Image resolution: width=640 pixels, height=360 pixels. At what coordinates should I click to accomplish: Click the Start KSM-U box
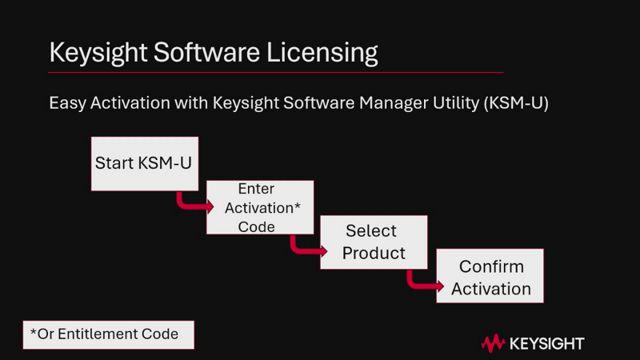point(143,163)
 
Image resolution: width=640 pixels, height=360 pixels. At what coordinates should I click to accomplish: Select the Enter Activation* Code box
point(259,207)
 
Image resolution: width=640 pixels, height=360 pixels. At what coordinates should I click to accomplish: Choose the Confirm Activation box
point(490,276)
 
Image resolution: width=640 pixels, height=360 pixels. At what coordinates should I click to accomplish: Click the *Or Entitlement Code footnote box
point(107,334)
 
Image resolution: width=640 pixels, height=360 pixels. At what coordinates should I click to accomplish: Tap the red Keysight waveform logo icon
point(493,344)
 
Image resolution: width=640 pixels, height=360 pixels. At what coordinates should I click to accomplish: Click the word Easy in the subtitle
point(66,104)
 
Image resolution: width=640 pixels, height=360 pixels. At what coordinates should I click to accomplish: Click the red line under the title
point(276,73)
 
